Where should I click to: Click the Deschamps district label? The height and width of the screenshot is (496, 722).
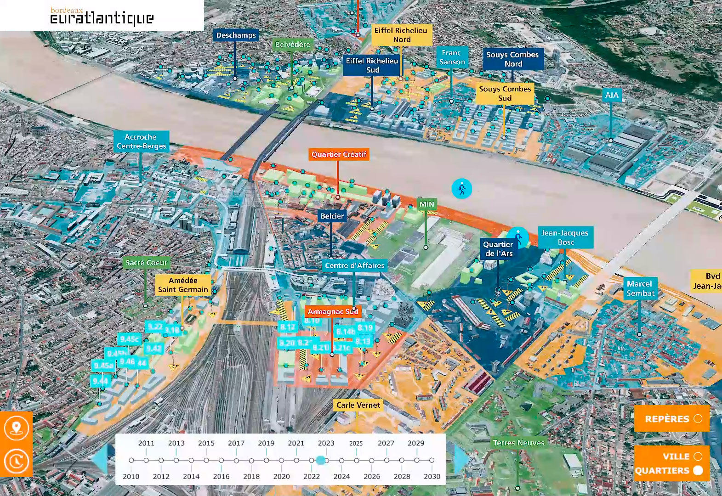click(x=236, y=35)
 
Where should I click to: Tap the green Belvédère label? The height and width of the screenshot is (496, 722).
click(x=292, y=45)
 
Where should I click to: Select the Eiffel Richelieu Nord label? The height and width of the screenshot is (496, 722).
click(x=401, y=35)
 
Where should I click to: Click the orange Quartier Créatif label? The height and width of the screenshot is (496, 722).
click(x=339, y=154)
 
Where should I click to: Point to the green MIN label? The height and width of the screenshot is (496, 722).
click(x=426, y=204)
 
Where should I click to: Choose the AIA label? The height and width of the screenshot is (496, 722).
click(x=612, y=95)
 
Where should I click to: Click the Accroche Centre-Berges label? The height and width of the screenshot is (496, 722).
click(x=141, y=141)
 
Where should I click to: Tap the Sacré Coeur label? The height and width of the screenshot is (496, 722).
click(x=146, y=263)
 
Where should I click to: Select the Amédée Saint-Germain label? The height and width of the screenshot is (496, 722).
click(x=183, y=285)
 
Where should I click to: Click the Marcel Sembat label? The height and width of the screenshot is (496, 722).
click(x=640, y=288)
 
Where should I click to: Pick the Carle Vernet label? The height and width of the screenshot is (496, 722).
click(x=358, y=405)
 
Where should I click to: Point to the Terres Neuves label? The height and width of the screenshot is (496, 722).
click(x=518, y=443)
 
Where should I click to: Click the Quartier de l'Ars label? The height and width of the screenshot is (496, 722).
click(x=498, y=249)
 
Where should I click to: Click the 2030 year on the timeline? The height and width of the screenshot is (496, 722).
click(x=432, y=460)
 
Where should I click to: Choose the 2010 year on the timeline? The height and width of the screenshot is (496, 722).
click(x=131, y=460)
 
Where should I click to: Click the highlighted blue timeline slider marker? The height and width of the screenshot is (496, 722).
click(x=321, y=460)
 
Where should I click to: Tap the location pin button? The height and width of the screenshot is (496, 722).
click(x=17, y=428)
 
